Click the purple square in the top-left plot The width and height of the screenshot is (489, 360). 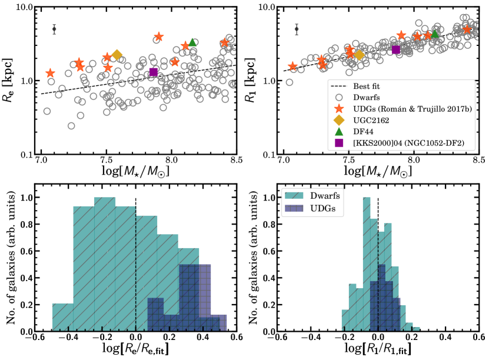154,72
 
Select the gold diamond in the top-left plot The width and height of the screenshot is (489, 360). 117,55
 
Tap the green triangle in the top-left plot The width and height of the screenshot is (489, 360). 192,42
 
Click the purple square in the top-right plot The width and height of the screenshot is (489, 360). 396,49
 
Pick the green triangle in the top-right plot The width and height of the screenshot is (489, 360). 435,34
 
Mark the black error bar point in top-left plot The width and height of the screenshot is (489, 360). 54,29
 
